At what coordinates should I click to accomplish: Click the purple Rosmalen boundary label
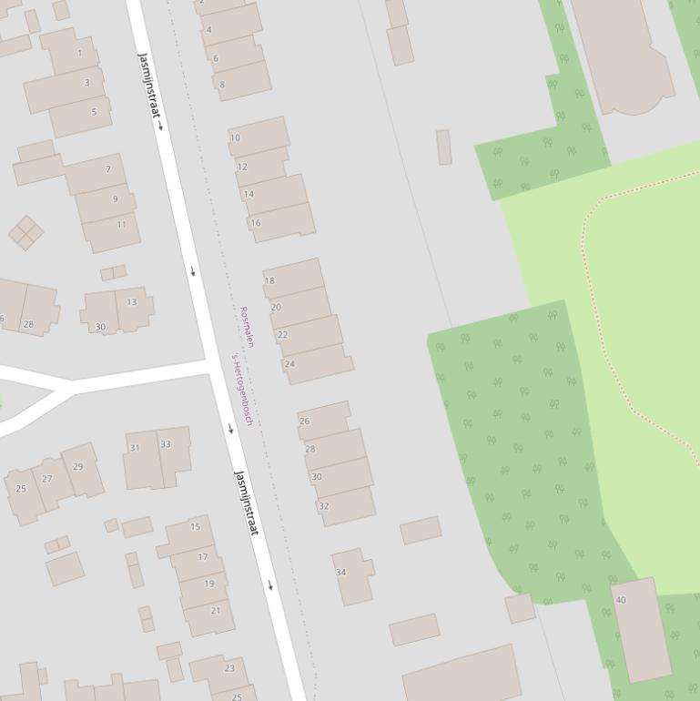[x=247, y=327]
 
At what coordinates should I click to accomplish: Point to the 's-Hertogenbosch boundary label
[x=241, y=389]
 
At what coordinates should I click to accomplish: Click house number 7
[x=108, y=169]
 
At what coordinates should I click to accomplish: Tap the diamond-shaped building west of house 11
[x=26, y=233]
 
